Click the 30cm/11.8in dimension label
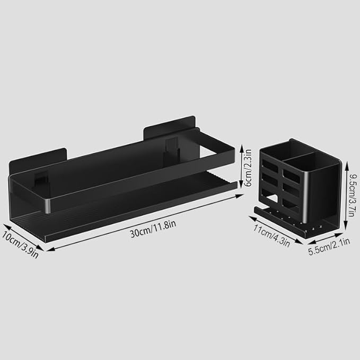coord(153,229)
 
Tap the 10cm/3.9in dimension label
coord(20,244)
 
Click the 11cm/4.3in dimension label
coord(271,236)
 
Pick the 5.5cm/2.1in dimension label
coord(329,247)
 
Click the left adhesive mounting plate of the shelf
coord(38,161)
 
